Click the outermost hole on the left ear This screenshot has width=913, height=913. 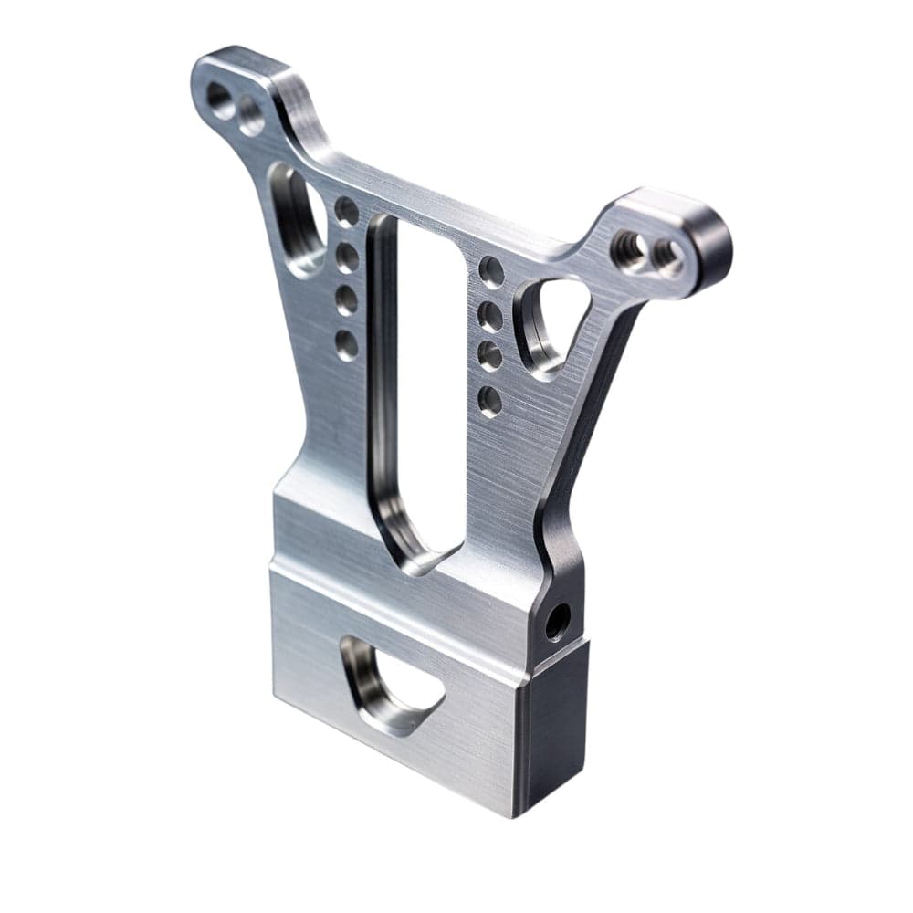(220, 97)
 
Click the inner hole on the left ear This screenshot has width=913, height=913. (250, 115)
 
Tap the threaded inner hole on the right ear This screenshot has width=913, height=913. (629, 245)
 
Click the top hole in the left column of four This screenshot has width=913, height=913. (346, 211)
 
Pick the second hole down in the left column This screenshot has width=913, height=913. (346, 257)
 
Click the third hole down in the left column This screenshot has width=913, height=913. (346, 299)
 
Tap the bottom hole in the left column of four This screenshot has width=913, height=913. (346, 344)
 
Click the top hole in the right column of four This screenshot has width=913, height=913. (491, 271)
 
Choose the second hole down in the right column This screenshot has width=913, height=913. (491, 316)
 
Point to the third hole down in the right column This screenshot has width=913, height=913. (490, 356)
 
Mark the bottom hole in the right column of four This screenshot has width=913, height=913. (490, 400)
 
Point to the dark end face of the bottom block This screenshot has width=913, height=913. (551, 730)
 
